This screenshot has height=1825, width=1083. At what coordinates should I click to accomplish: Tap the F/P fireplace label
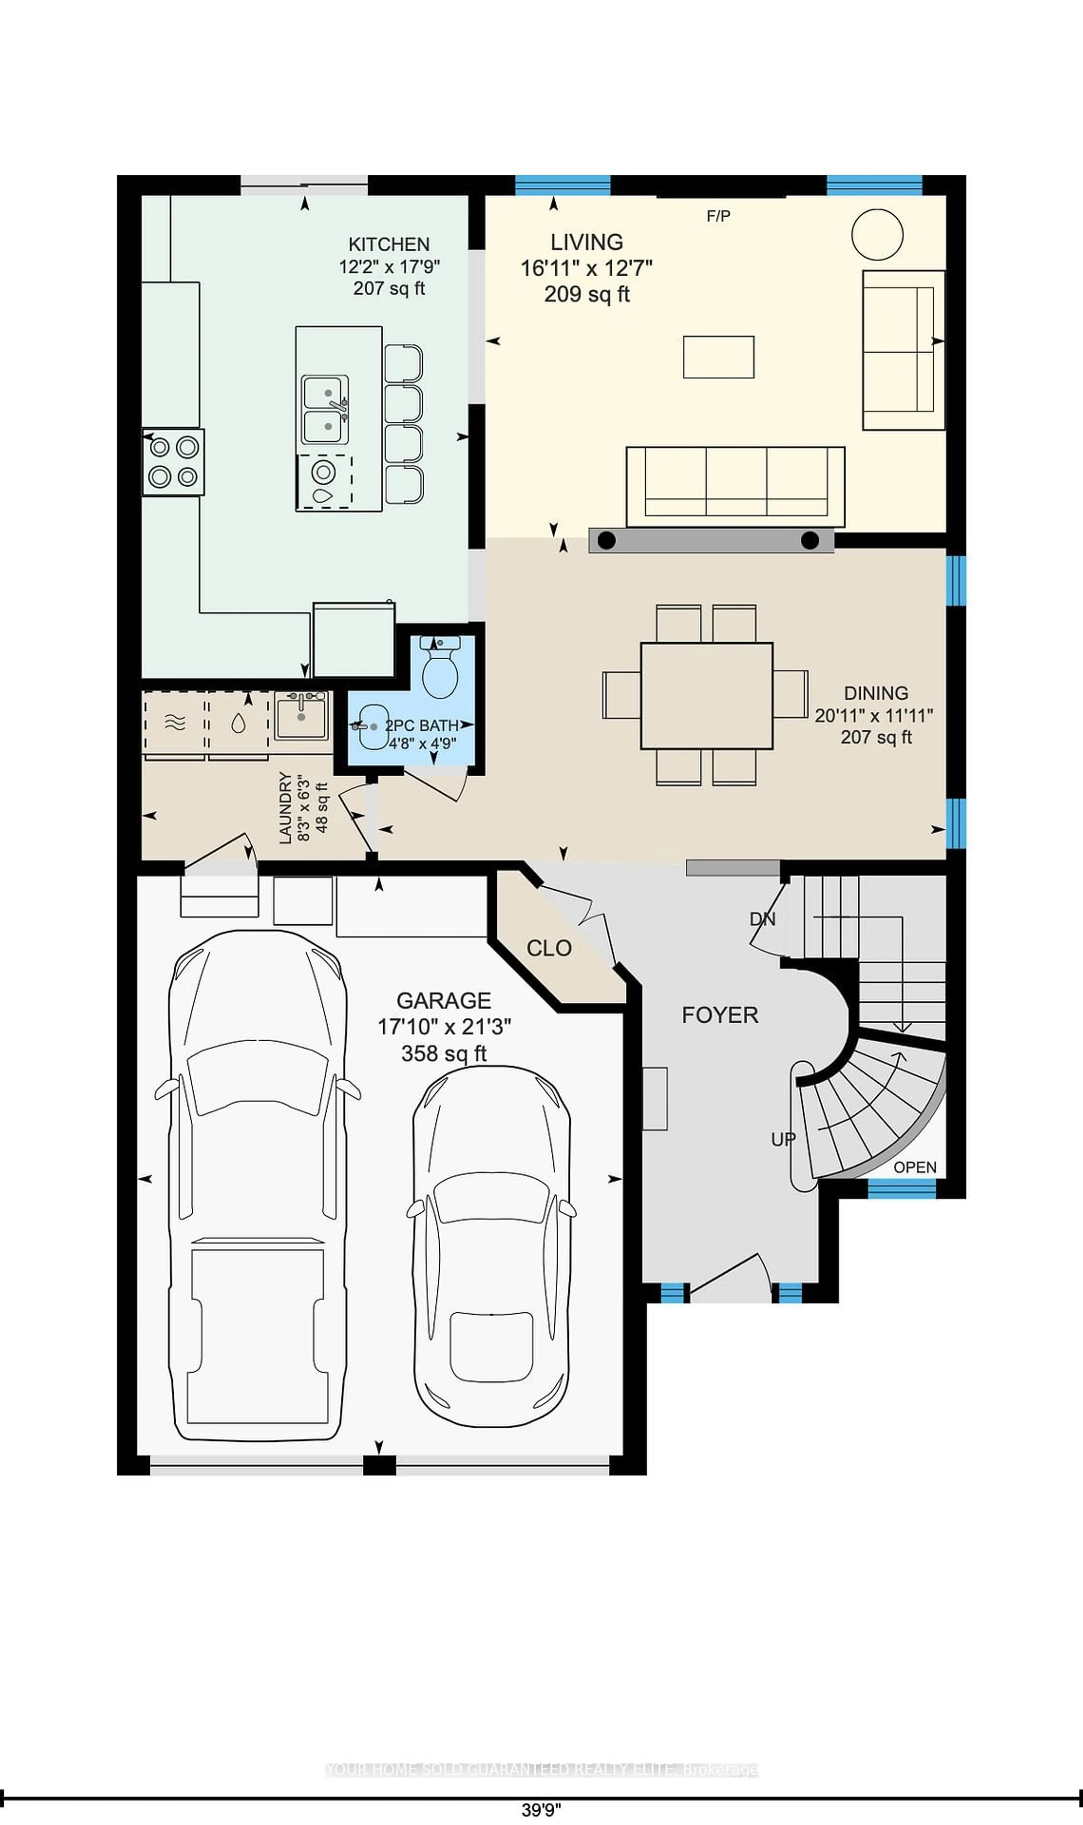(x=718, y=216)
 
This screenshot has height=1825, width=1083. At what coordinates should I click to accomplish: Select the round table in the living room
(x=877, y=234)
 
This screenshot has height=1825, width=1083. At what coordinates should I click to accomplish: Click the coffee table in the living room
(x=718, y=357)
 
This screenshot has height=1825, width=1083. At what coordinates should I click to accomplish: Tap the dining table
(x=706, y=695)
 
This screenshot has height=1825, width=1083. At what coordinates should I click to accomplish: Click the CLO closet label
(x=549, y=948)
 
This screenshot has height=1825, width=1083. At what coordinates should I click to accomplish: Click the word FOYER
(x=719, y=1015)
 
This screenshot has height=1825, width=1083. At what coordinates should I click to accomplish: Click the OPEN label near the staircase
(x=914, y=1167)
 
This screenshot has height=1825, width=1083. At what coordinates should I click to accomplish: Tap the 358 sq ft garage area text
(x=444, y=1053)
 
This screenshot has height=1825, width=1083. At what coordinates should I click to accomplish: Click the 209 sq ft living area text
(x=587, y=294)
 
